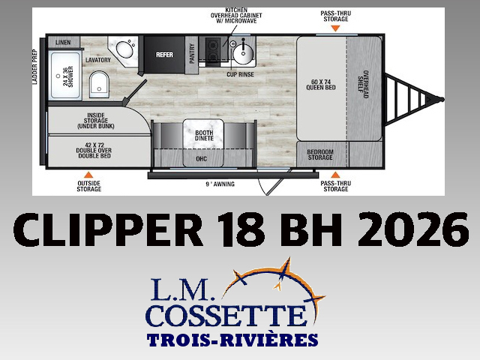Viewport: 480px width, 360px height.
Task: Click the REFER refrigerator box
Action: click(164, 55)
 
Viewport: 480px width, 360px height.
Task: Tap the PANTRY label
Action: click(192, 53)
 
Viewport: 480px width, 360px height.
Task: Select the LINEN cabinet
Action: click(64, 42)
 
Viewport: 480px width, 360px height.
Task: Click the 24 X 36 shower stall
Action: click(65, 76)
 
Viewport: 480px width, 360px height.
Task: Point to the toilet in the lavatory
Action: click(99, 85)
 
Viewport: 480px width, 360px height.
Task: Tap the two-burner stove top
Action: click(212, 52)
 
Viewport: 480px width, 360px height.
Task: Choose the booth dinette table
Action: click(203, 135)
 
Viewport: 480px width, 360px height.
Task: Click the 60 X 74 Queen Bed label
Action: click(321, 85)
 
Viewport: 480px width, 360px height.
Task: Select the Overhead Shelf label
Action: click(363, 85)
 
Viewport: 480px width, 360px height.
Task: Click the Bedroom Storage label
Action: click(320, 154)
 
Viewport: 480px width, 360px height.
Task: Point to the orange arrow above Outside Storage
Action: click(88, 175)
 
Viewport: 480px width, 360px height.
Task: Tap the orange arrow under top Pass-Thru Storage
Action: click(335, 28)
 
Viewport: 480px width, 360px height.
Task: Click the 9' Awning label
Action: click(220, 184)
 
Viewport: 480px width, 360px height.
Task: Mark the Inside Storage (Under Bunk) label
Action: click(96, 121)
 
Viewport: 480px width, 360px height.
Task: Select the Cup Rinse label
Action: click(240, 74)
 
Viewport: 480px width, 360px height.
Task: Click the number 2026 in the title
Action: click(412, 230)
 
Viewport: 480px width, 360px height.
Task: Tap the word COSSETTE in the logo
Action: click(226, 315)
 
